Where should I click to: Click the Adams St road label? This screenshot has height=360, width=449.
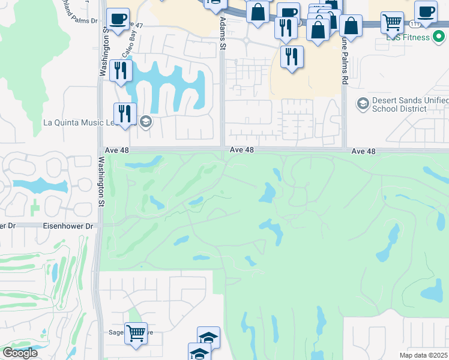[x=222, y=34]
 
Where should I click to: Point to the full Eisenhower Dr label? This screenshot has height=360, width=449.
[x=69, y=226]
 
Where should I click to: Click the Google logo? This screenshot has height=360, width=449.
[x=20, y=353]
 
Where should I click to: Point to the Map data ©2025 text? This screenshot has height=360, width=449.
[x=423, y=355]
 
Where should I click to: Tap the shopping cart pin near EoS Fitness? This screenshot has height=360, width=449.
[x=392, y=22]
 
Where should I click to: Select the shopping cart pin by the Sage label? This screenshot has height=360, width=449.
[x=136, y=332]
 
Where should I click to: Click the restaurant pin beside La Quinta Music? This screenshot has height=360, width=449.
[x=125, y=113]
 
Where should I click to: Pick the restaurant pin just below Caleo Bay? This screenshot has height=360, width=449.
[x=121, y=70]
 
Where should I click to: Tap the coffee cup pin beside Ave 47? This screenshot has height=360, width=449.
[x=118, y=19]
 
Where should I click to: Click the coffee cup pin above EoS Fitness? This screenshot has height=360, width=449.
[x=426, y=11]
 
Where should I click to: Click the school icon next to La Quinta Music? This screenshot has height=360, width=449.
[x=145, y=122]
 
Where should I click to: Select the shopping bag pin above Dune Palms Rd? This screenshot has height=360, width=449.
[x=351, y=26]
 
